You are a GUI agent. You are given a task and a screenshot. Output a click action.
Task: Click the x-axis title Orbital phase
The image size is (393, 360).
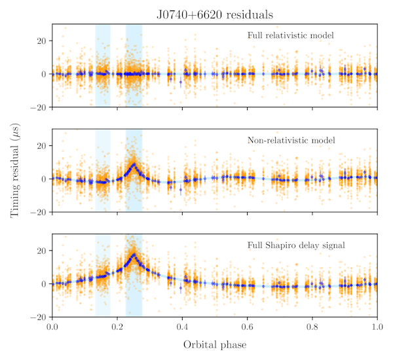coord(214,344)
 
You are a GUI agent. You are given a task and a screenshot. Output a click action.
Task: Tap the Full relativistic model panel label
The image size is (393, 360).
coord(291,35)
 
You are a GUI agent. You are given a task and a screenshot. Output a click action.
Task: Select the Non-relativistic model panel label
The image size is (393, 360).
coord(291,140)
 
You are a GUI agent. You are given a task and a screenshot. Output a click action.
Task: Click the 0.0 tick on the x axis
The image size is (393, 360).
coord(52,326)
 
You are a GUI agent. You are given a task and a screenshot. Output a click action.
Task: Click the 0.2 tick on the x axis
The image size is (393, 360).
coord(117,326)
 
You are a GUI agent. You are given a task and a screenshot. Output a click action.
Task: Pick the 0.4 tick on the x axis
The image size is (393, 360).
coord(182,326)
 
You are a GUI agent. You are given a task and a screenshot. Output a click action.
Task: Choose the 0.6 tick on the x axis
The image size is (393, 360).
coord(248,326)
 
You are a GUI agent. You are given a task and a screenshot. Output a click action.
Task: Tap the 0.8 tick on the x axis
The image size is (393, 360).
coord(312,326)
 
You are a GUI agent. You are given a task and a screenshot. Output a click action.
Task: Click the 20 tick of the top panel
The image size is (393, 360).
coord(40,41)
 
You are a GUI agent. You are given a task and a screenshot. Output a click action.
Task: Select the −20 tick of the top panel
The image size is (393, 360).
coord(37,107)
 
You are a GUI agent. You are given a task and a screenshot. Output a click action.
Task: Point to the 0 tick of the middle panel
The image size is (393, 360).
coord(43,179)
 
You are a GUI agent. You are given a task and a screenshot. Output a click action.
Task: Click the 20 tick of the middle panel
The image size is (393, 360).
coord(40,145)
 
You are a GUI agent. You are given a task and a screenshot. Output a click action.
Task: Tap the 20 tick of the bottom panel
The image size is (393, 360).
coord(40,251)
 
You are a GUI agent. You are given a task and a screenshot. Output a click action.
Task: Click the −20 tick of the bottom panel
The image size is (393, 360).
coord(37,317)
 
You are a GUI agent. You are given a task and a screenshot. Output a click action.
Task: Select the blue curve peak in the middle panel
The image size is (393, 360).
coord(134,164)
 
